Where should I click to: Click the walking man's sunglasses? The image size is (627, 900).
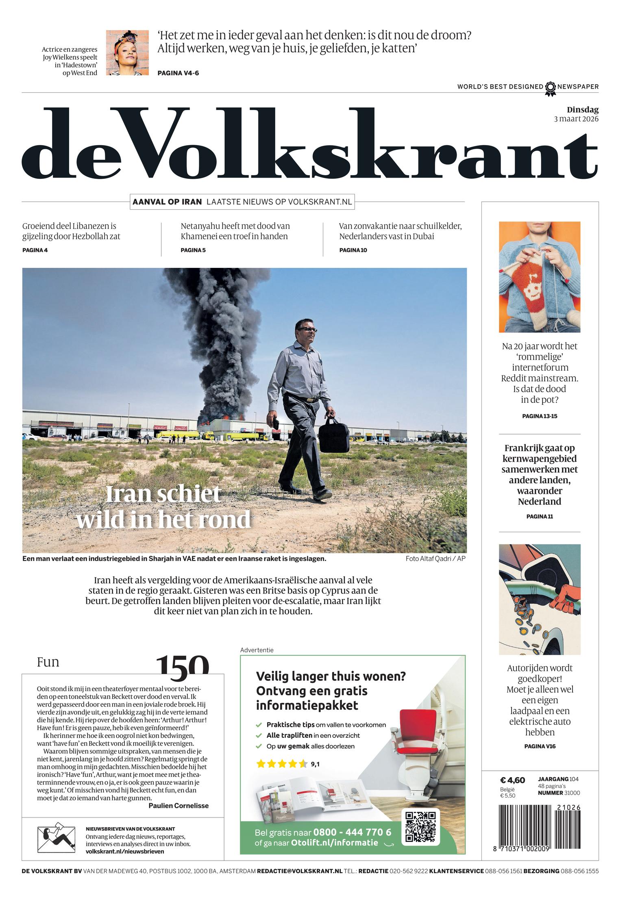tap(307, 329)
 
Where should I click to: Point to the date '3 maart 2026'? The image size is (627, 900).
tap(576, 119)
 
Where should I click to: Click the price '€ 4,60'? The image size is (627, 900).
tap(512, 780)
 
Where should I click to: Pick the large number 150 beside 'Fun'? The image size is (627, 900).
tap(183, 664)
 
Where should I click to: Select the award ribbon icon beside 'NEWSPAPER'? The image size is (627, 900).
tap(550, 88)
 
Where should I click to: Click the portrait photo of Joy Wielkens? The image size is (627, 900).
tap(127, 52)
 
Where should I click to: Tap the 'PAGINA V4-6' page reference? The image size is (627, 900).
tap(178, 73)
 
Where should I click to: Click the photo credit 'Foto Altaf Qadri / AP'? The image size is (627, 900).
tap(435, 559)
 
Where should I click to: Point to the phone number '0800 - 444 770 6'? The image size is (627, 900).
tap(352, 832)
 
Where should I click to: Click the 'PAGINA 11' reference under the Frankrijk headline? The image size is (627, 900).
tap(539, 517)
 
